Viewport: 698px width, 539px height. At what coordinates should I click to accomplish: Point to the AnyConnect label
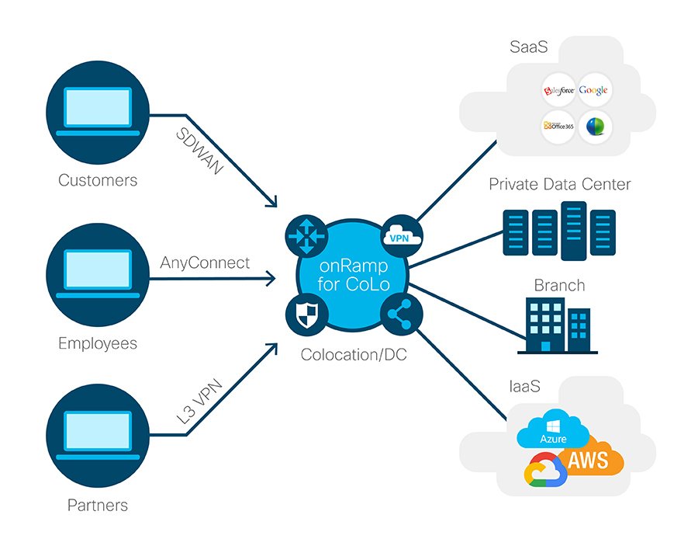[x=206, y=263]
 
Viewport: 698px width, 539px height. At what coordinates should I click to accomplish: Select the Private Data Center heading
[x=559, y=184]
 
